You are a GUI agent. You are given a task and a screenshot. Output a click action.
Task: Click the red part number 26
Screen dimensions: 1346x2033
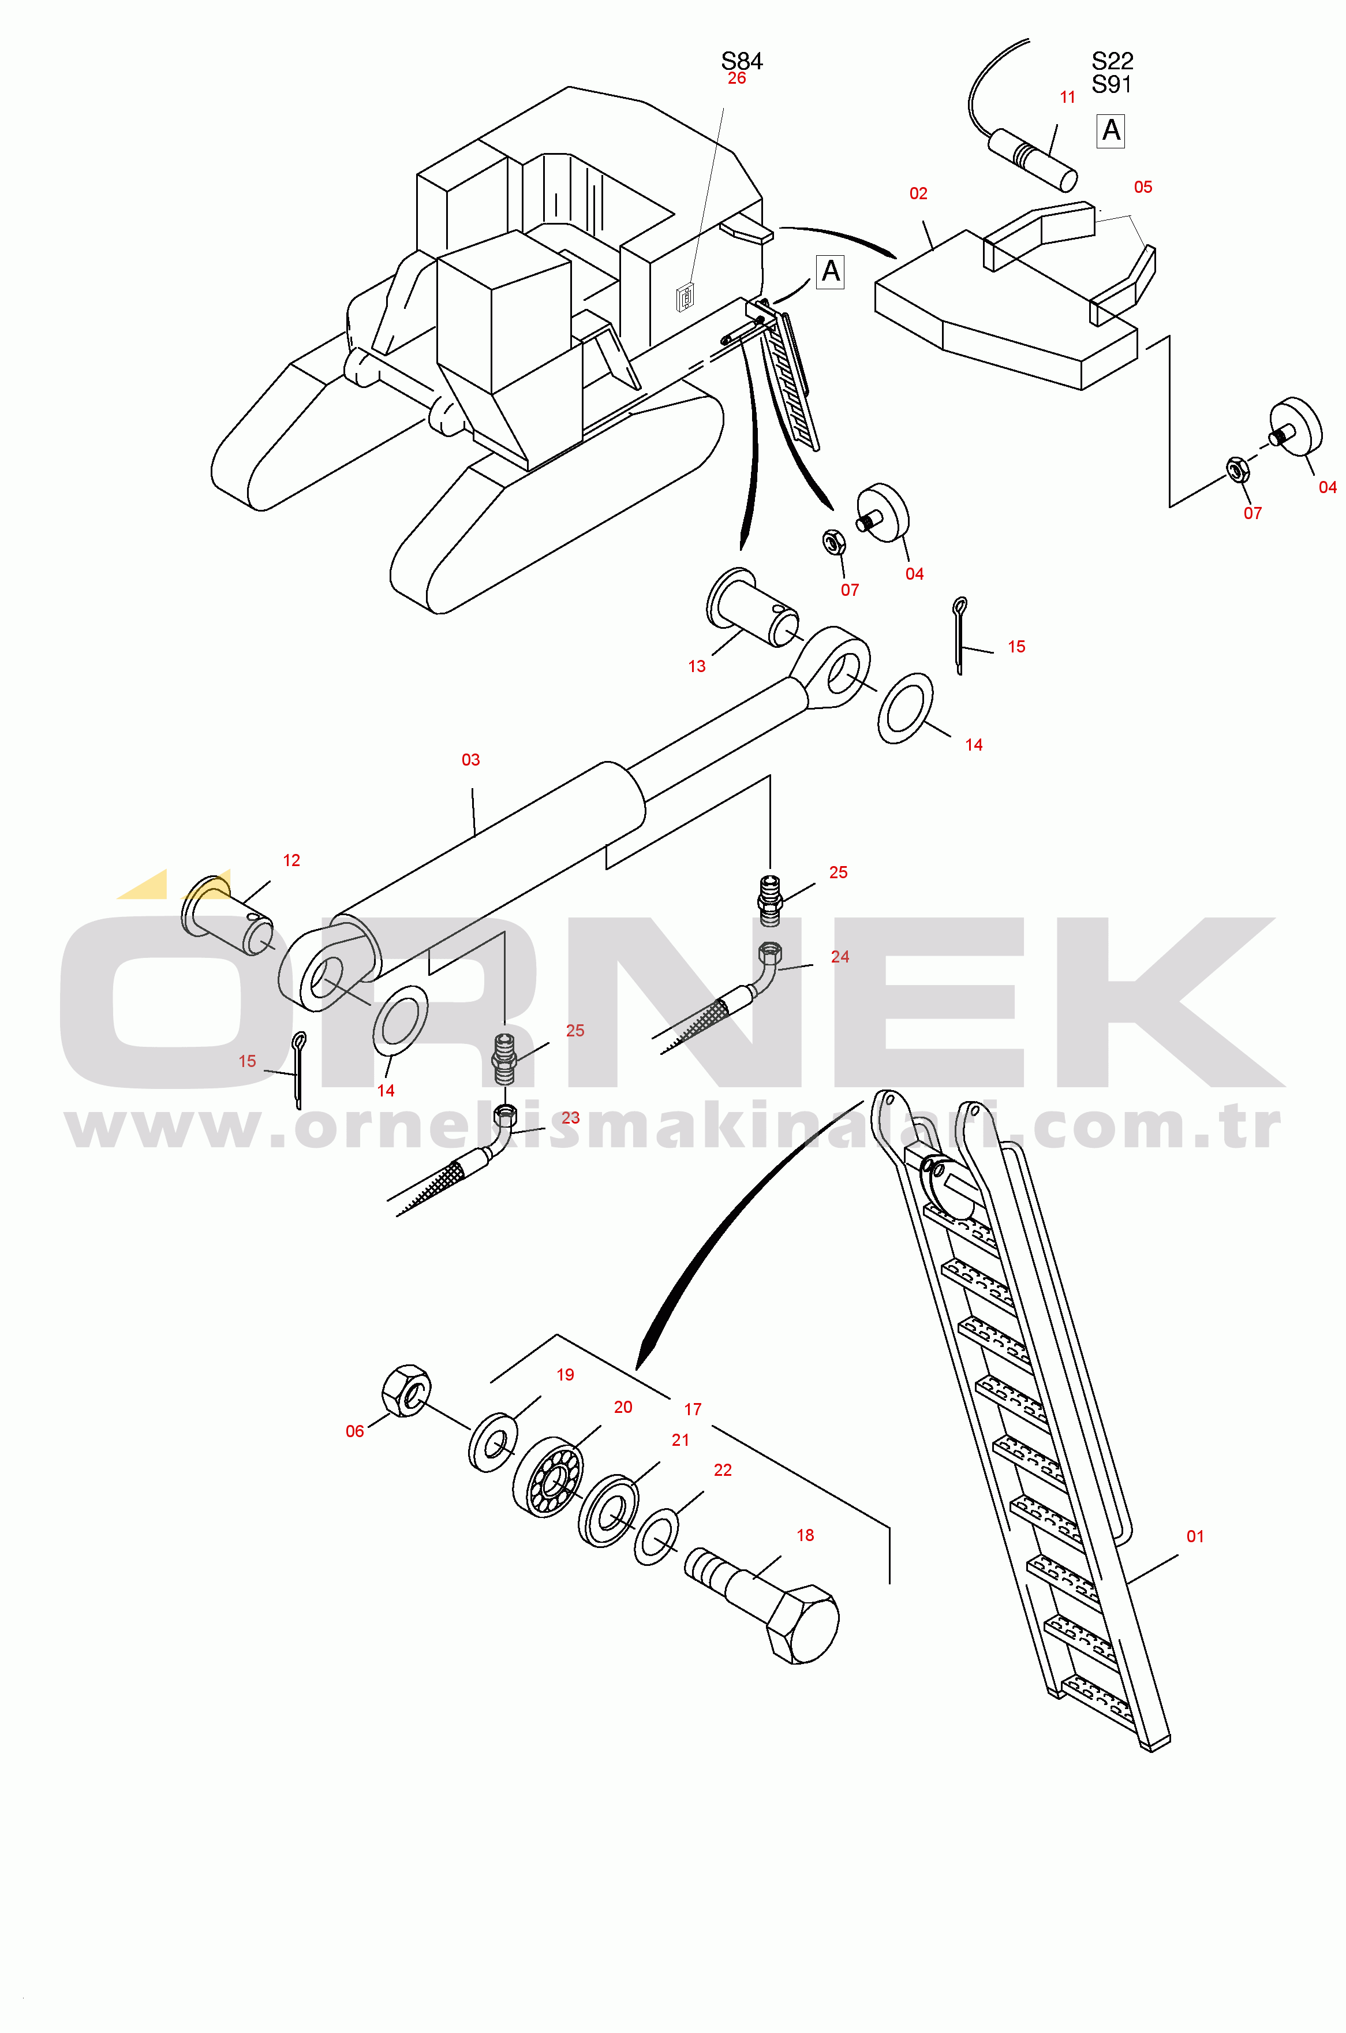[736, 78]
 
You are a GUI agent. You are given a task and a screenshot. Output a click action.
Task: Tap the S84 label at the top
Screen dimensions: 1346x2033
[742, 61]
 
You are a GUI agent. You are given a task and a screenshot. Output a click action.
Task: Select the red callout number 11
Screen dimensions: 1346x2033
[1068, 97]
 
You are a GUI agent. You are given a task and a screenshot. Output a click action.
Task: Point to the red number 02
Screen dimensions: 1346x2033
[918, 193]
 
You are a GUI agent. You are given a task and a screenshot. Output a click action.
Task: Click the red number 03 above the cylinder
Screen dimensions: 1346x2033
[470, 760]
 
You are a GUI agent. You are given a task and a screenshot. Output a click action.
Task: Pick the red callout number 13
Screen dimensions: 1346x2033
[697, 666]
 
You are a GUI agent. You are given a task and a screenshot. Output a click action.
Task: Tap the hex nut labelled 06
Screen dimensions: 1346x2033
[406, 1390]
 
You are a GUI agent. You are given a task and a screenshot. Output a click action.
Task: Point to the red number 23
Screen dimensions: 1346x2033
[571, 1118]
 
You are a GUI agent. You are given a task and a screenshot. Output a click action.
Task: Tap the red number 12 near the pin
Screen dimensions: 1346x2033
[292, 860]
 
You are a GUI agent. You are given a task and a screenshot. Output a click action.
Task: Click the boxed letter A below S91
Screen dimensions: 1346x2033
[1111, 130]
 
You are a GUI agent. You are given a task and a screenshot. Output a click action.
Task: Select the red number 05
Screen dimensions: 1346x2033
[1143, 187]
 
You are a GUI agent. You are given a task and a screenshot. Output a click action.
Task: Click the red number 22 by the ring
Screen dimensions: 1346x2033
[723, 1470]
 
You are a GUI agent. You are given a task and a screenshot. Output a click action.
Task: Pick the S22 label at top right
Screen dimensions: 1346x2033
[1112, 61]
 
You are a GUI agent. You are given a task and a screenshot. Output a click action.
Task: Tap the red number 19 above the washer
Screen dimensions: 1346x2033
[565, 1375]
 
